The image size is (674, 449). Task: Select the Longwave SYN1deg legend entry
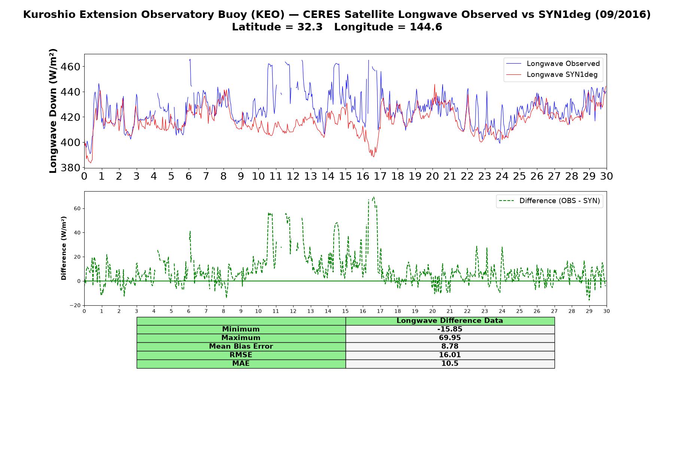552,74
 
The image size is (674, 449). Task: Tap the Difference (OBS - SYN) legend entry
550,201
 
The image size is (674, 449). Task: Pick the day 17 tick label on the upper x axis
380,176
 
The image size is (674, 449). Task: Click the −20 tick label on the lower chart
75,305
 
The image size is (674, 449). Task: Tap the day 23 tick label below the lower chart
485,311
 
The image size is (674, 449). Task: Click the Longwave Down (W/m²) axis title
53,111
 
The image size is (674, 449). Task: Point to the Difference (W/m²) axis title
64,248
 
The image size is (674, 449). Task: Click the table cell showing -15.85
450,329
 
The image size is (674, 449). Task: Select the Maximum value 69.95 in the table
450,338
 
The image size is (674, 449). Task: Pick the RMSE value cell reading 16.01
450,355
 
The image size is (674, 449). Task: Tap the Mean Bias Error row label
241,346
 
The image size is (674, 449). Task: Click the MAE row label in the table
241,364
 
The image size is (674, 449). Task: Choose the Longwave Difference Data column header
450,321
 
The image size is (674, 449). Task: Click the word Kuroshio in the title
48,15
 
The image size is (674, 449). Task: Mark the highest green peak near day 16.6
373,197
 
